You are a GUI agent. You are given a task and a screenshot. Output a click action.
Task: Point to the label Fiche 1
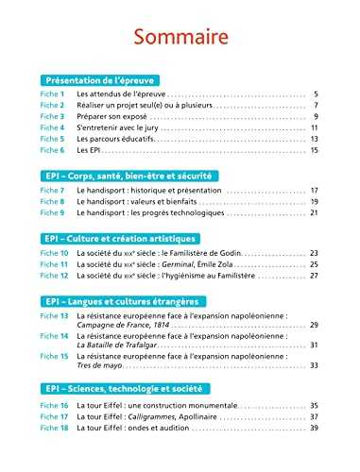pyautogui.click(x=52, y=95)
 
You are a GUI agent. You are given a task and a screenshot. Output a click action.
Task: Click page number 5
pyautogui.click(x=316, y=95)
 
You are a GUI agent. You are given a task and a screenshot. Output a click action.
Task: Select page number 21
pyautogui.click(x=314, y=213)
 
